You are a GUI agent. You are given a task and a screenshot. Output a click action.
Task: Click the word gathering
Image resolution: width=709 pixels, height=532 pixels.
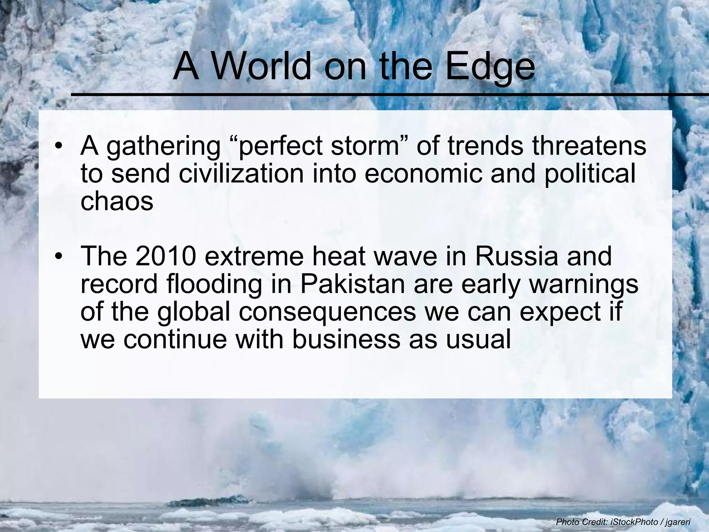[x=163, y=147]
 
